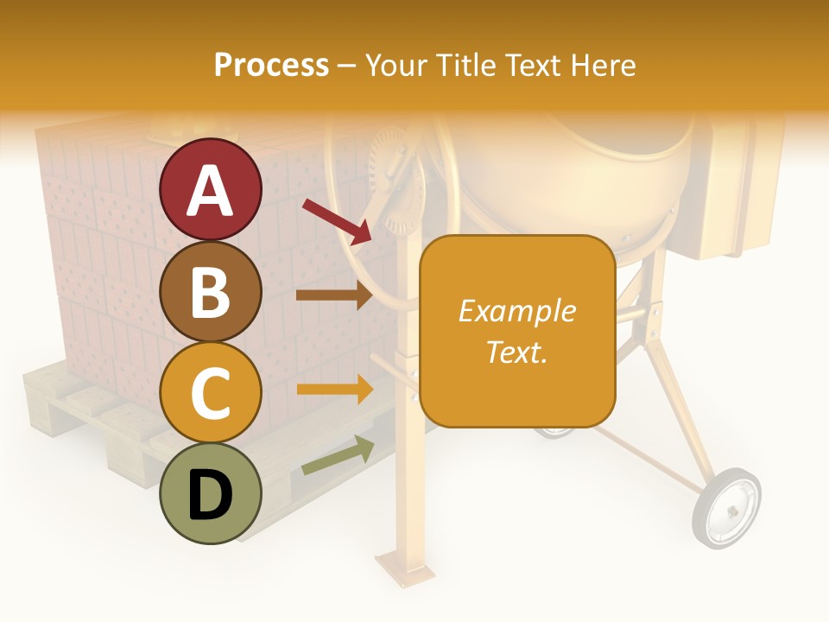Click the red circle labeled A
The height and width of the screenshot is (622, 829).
click(x=211, y=189)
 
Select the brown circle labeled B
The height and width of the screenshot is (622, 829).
click(x=211, y=291)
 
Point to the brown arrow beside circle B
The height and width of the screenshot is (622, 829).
click(x=333, y=295)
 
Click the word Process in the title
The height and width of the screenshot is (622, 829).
click(x=271, y=65)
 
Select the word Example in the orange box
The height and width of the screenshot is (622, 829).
click(x=516, y=311)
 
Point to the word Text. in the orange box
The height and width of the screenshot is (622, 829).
click(x=516, y=352)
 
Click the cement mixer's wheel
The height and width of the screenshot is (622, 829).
click(x=726, y=508)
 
